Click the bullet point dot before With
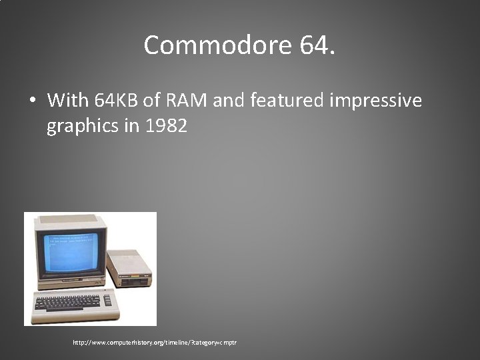(x=31, y=101)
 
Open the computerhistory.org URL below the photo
(x=155, y=342)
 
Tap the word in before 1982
(x=131, y=125)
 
